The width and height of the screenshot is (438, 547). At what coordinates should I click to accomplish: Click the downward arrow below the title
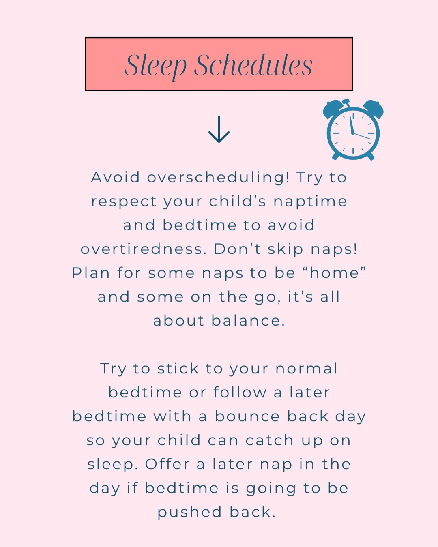point(219,130)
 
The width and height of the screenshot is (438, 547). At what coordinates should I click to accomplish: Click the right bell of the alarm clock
point(373,109)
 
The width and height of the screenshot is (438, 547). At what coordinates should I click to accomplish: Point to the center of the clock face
point(353,133)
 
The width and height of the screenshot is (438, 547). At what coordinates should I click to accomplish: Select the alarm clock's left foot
point(335,156)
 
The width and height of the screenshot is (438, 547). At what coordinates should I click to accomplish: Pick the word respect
point(124,202)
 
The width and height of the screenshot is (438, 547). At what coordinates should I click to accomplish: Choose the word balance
point(248,321)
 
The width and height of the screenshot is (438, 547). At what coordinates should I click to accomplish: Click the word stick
point(178,369)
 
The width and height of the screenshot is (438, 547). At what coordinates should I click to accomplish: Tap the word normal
point(306,369)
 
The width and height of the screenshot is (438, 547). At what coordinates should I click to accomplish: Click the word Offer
point(167,464)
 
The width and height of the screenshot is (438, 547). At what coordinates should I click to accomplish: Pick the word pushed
point(189,512)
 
